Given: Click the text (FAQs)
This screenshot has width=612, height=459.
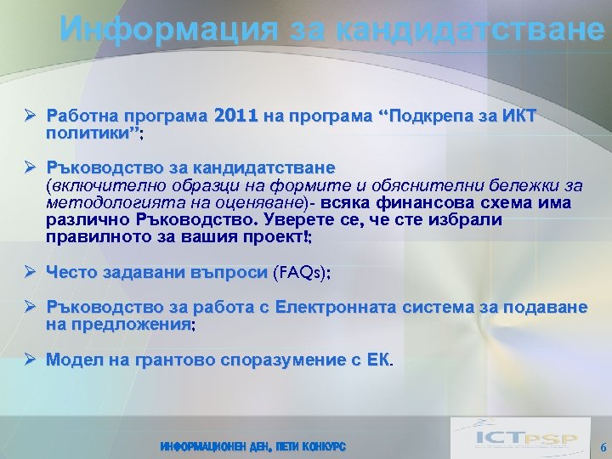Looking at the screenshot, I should coord(303,273).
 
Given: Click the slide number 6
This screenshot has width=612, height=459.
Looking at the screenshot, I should coord(603,447).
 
